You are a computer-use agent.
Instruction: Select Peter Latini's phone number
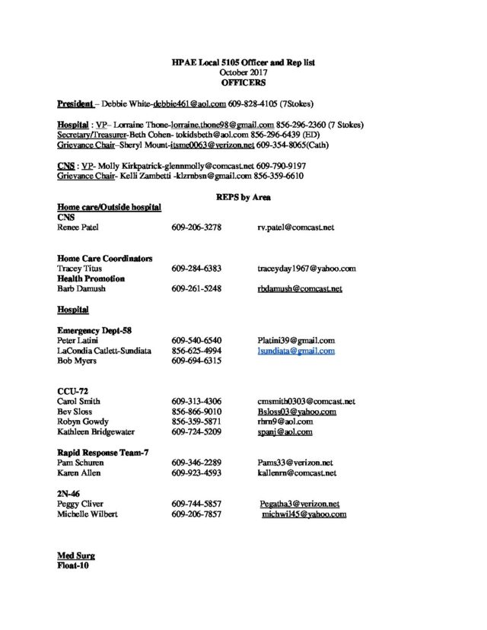click(196, 341)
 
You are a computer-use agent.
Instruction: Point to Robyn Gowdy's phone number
click(196, 422)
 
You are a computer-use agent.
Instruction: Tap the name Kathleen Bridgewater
click(95, 432)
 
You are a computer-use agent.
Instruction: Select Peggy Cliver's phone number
click(196, 504)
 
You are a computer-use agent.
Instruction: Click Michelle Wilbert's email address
click(303, 514)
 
